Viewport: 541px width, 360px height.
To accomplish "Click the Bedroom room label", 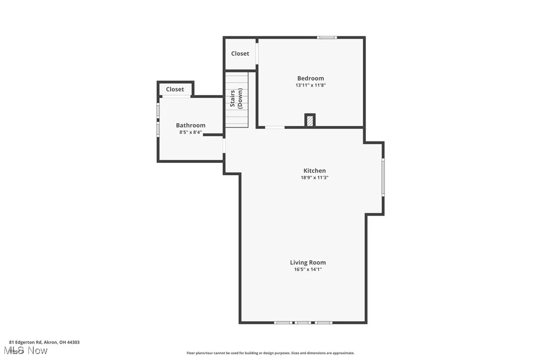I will [x=310, y=78].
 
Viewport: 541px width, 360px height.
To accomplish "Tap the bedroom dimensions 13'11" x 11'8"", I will [x=310, y=85].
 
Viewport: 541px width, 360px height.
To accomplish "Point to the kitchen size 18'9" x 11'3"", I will [x=314, y=178].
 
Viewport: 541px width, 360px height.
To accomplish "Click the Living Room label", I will [x=308, y=262].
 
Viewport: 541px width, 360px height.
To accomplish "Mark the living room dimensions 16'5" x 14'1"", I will [x=308, y=269].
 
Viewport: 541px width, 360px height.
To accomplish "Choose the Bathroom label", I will [x=190, y=125].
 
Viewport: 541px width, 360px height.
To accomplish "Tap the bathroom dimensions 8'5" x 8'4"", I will [x=190, y=132].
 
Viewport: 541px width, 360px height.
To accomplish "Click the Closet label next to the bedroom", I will [x=240, y=54].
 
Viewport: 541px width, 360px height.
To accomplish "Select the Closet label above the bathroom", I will [x=175, y=90].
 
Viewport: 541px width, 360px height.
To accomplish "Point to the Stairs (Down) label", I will [x=236, y=99].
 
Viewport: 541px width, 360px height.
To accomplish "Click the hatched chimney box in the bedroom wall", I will [x=310, y=120].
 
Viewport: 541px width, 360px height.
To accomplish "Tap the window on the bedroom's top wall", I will [x=327, y=37].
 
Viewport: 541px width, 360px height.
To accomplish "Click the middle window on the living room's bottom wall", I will [x=302, y=323].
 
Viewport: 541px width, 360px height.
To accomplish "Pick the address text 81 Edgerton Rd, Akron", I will [x=44, y=342].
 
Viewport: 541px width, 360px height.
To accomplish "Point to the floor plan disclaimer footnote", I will [x=270, y=353].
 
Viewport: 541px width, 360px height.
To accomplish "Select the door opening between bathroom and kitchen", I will [x=224, y=146].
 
